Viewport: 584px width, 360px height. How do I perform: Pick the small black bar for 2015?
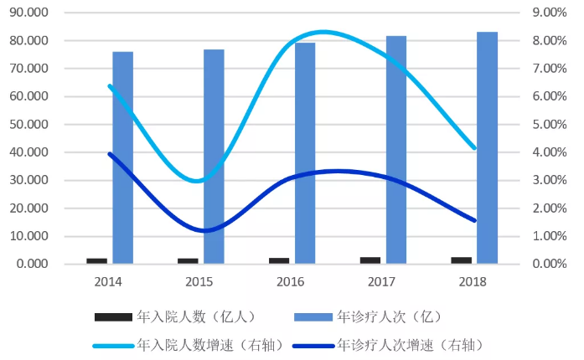click(188, 260)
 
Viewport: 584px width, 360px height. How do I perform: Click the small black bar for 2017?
click(370, 260)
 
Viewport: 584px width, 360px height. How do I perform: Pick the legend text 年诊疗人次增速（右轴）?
click(411, 343)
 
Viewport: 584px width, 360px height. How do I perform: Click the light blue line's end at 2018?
click(475, 148)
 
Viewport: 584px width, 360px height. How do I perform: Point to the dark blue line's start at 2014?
click(110, 153)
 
